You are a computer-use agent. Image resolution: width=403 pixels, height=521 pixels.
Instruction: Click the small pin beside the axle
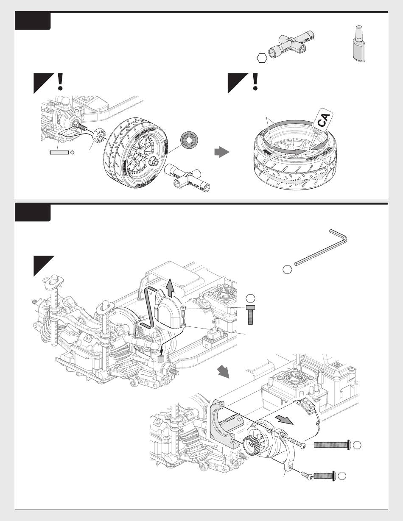[59, 153]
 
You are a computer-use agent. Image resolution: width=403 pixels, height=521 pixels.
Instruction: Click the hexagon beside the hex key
[287, 269]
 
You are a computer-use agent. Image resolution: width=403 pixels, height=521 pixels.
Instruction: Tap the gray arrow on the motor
[284, 419]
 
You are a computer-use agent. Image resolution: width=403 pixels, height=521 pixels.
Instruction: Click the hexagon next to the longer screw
[358, 445]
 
